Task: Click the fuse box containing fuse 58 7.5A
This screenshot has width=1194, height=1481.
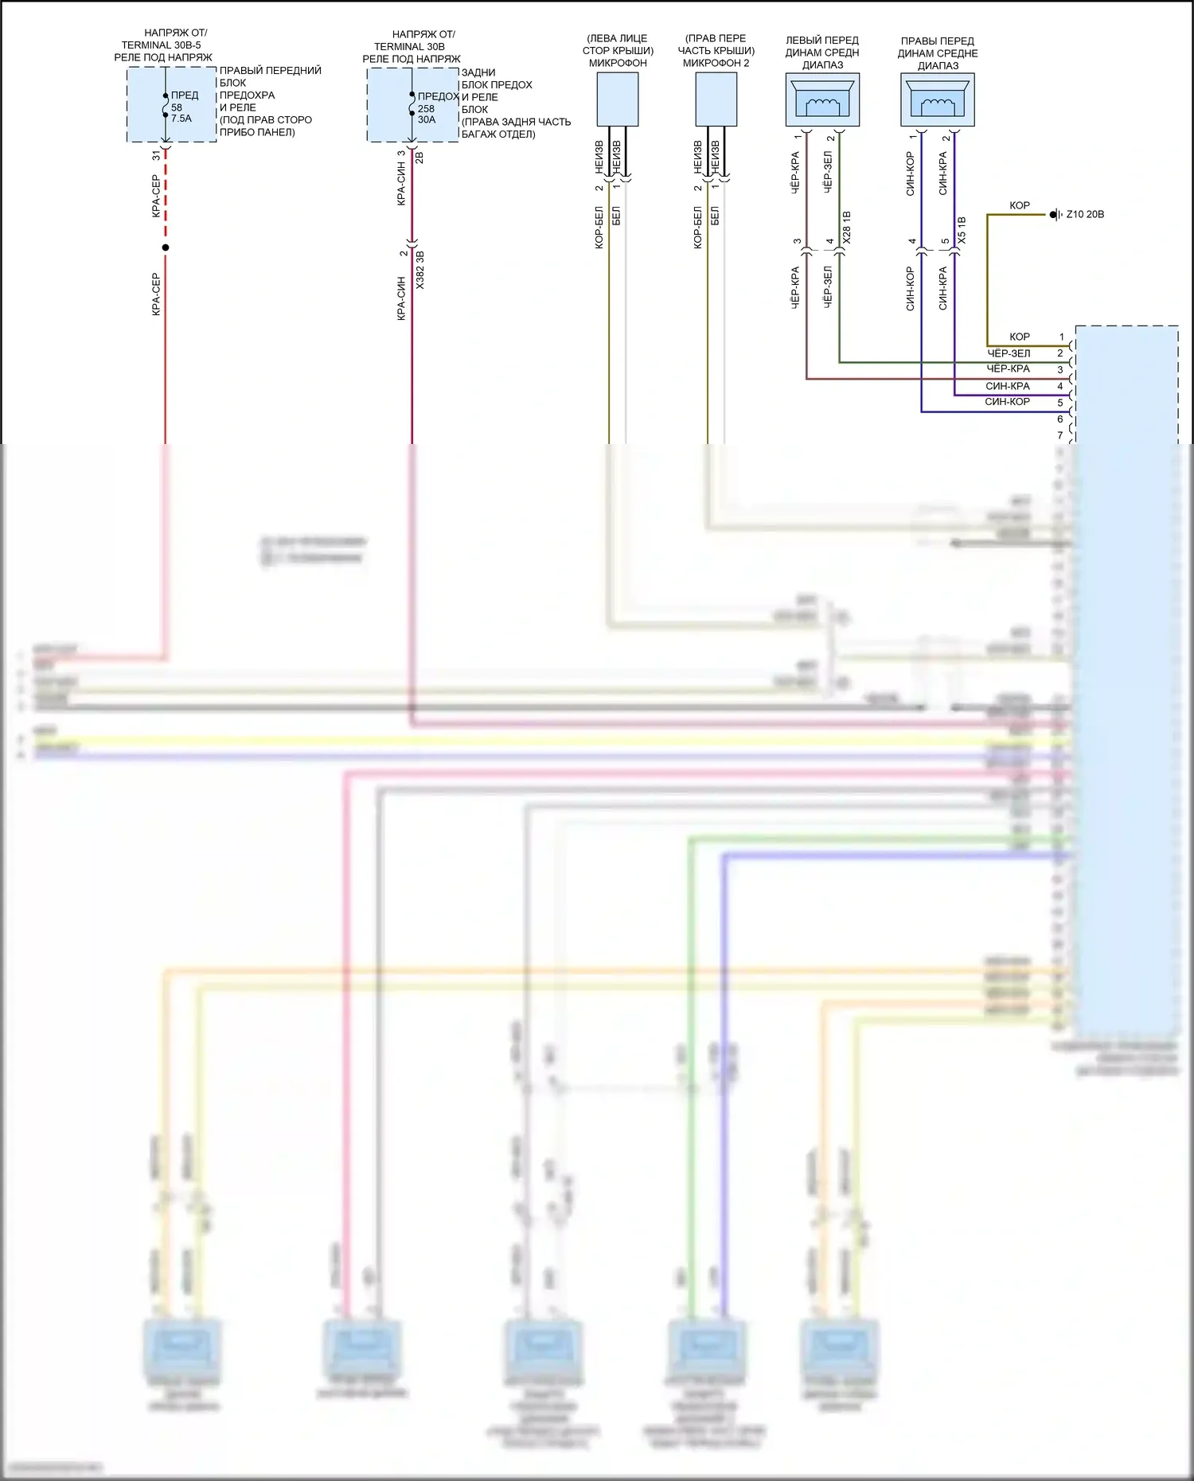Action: pyautogui.click(x=171, y=105)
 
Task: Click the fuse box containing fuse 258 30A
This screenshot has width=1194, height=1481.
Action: pyautogui.click(x=412, y=105)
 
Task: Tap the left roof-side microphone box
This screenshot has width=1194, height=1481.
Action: pyautogui.click(x=617, y=99)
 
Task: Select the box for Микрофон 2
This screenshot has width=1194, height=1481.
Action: pyautogui.click(x=716, y=99)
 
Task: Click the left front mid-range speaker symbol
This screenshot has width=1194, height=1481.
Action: pyautogui.click(x=822, y=100)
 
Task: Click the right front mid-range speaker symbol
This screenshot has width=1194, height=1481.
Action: pyautogui.click(x=938, y=100)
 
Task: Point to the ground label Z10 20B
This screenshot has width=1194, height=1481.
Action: pyautogui.click(x=1085, y=214)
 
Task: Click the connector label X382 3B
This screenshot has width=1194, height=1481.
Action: pyautogui.click(x=420, y=270)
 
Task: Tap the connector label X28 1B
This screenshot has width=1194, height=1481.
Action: pyautogui.click(x=846, y=228)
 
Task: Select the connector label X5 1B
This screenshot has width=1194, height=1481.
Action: pyautogui.click(x=962, y=230)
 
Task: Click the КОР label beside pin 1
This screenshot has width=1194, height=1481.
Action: pyautogui.click(x=1020, y=337)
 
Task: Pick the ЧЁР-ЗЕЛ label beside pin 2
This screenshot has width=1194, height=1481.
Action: pyautogui.click(x=1009, y=353)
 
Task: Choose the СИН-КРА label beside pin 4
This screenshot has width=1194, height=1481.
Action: pyautogui.click(x=1008, y=386)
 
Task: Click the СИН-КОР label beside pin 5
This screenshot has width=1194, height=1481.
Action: pyautogui.click(x=1008, y=402)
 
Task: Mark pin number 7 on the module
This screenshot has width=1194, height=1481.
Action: pyautogui.click(x=1060, y=435)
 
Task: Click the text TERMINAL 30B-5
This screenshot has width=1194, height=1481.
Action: pyautogui.click(x=161, y=45)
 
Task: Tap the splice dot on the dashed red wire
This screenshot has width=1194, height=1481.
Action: pyautogui.click(x=166, y=247)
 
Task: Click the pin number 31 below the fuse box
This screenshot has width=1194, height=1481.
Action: pyautogui.click(x=156, y=156)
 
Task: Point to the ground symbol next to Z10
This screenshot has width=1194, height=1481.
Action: pyautogui.click(x=1055, y=214)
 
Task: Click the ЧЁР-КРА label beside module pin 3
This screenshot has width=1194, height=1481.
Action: pyautogui.click(x=1009, y=369)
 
